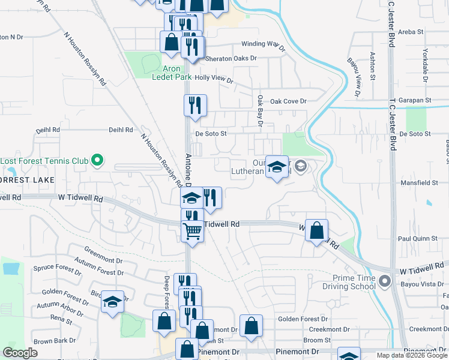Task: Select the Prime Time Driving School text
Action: [x=346, y=281]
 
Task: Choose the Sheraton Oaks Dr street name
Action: [x=231, y=59]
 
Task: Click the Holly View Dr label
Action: [x=213, y=79]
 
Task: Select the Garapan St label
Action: [x=418, y=100]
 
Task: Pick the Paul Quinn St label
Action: [x=418, y=238]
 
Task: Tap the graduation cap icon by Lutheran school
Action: [x=277, y=168]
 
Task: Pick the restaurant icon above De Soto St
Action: [x=195, y=106]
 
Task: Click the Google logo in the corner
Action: [x=20, y=353]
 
